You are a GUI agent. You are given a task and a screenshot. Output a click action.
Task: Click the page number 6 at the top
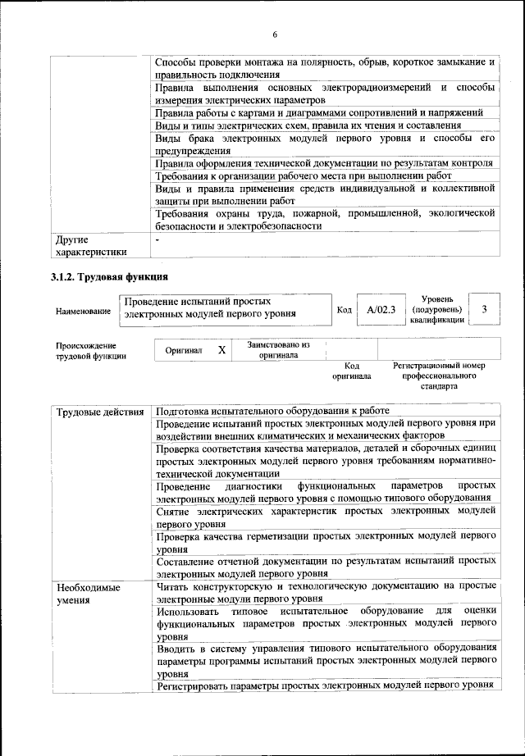tap(275, 34)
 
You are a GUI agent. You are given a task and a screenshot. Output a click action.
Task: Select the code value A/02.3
tap(381, 310)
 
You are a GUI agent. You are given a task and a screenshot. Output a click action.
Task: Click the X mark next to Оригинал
tap(221, 350)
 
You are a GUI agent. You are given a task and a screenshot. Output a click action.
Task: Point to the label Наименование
tap(83, 312)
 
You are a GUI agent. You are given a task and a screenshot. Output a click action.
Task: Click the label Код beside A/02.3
tap(345, 310)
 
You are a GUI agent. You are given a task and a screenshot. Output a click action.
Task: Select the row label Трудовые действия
tap(99, 411)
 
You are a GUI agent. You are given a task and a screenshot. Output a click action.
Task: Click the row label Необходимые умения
tap(88, 594)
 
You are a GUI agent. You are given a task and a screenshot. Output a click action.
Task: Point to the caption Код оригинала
tap(351, 371)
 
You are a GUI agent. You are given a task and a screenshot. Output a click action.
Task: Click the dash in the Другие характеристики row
tap(158, 241)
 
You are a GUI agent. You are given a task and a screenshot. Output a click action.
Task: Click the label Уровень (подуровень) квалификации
tap(436, 310)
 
